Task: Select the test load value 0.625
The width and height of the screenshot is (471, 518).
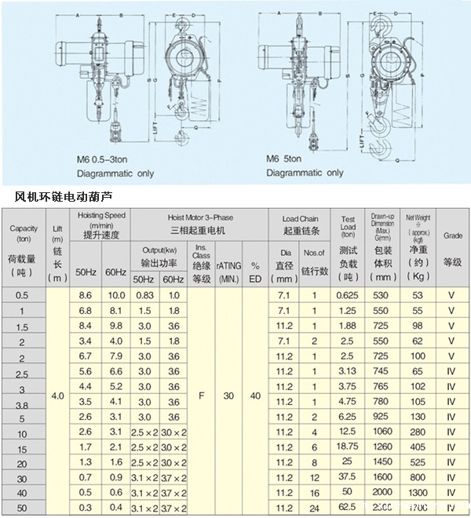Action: [x=348, y=295]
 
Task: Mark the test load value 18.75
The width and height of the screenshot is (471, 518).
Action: [x=348, y=447]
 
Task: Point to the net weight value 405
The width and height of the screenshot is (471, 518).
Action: [x=417, y=447]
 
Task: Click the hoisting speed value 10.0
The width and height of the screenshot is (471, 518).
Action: [x=116, y=295]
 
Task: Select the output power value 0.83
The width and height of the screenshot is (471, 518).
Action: [x=144, y=295]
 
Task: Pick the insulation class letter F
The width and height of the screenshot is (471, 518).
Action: [x=203, y=396]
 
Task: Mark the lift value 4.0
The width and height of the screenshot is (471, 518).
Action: [x=57, y=396]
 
